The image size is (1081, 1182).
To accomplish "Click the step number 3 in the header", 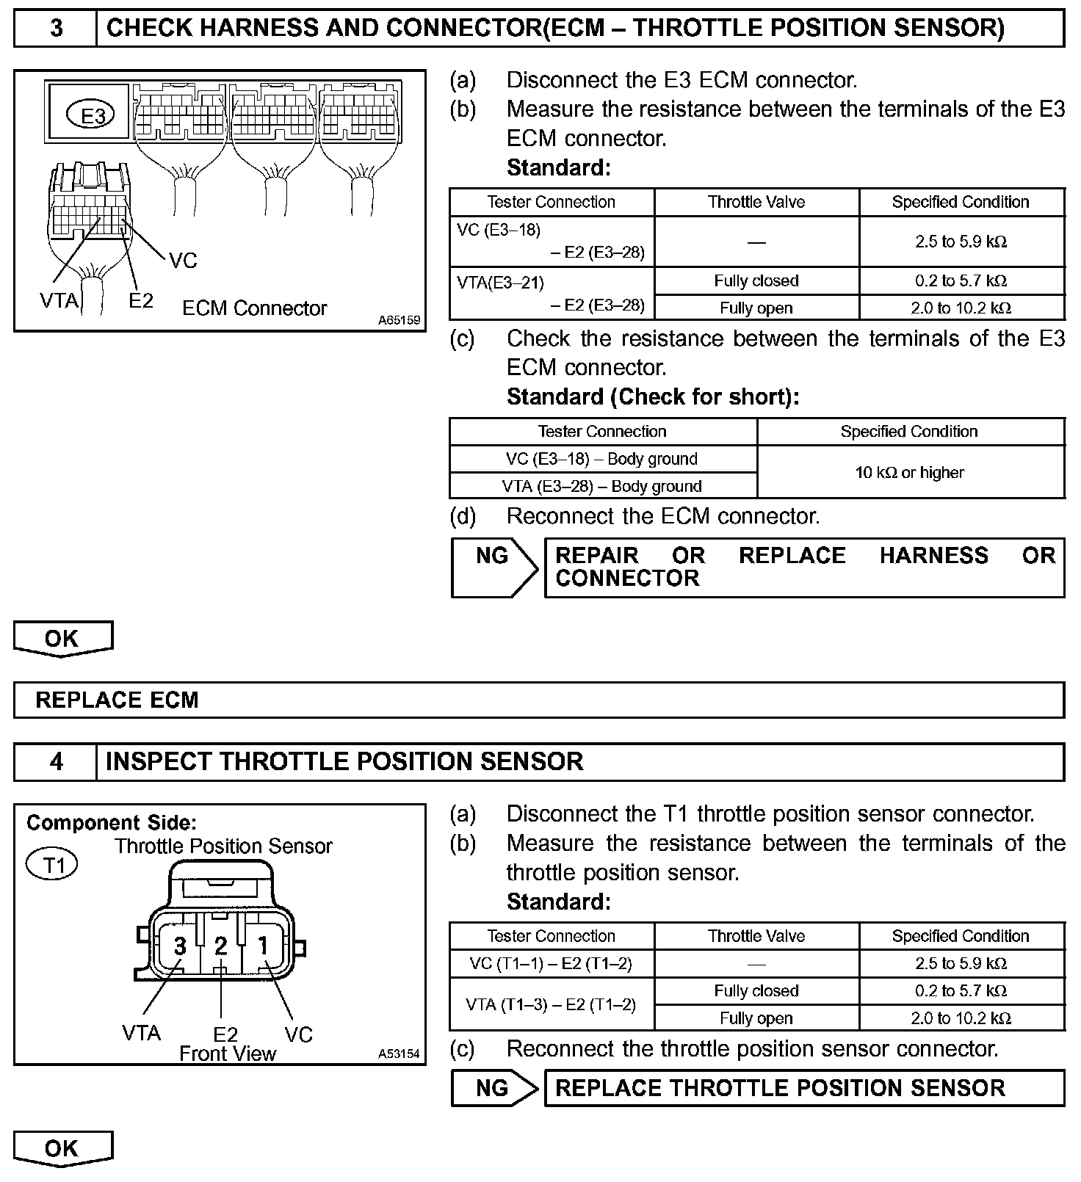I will coord(56,29).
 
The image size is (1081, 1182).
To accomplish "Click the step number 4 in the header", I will coord(56,761).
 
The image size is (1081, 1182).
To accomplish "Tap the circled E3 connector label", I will coord(91,115).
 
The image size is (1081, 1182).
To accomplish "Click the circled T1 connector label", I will coord(51,865).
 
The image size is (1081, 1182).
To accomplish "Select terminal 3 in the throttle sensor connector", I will coord(180,946).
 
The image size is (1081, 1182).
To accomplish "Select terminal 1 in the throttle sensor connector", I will coord(263,946).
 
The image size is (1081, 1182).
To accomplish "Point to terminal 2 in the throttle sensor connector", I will coord(221,946).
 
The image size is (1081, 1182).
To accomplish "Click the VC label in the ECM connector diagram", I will coord(183,261).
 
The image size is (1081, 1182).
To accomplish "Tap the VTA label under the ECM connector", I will coord(59,300).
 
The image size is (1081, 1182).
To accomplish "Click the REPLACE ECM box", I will coord(539,700).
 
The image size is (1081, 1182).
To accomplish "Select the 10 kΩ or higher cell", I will coord(910,472).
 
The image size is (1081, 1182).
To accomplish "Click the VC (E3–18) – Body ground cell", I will coord(602,459).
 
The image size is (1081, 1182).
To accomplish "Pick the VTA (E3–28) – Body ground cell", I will coord(602,486).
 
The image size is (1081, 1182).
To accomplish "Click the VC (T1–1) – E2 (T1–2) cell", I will coord(551,963).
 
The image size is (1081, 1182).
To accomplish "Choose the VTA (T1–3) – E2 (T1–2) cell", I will coord(551,1004).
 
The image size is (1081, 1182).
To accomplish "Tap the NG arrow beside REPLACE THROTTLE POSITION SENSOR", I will coord(493,1087).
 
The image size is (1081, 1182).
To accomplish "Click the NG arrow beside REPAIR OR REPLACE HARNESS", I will coord(493,567).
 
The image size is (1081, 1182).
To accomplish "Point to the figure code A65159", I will coord(399,320).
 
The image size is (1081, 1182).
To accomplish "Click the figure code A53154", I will coord(399,1054).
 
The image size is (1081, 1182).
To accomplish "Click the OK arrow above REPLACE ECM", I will coord(62,638).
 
